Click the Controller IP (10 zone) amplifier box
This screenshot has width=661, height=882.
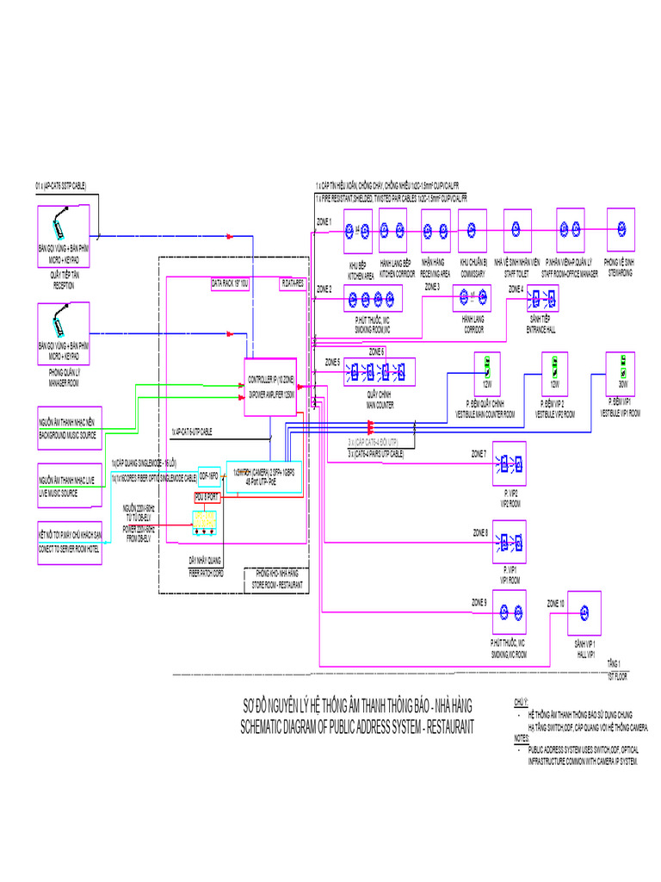pyautogui.click(x=270, y=388)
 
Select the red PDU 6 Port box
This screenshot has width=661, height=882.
pyautogui.click(x=207, y=497)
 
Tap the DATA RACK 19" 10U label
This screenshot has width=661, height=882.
pyautogui.click(x=230, y=283)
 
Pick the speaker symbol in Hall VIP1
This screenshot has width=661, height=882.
pyautogui.click(x=584, y=614)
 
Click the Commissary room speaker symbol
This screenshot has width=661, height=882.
pyautogui.click(x=473, y=230)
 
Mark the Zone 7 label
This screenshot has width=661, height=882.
pyautogui.click(x=479, y=453)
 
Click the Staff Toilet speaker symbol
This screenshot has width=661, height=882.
pyautogui.click(x=516, y=229)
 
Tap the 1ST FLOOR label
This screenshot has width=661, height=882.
pyautogui.click(x=617, y=677)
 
